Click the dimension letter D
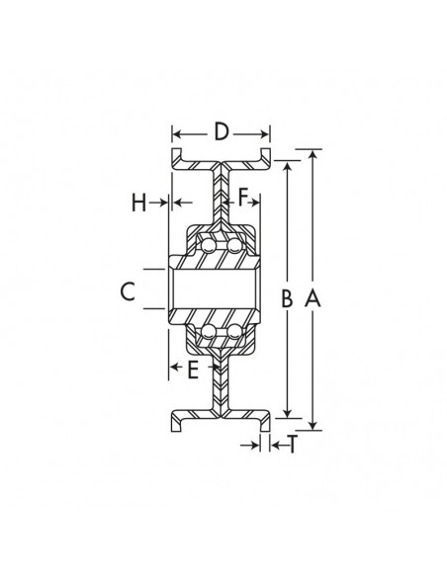[x=222, y=130]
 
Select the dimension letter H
[x=139, y=203]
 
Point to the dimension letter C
[x=127, y=291]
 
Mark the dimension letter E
[x=194, y=370]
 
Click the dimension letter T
[x=293, y=446]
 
